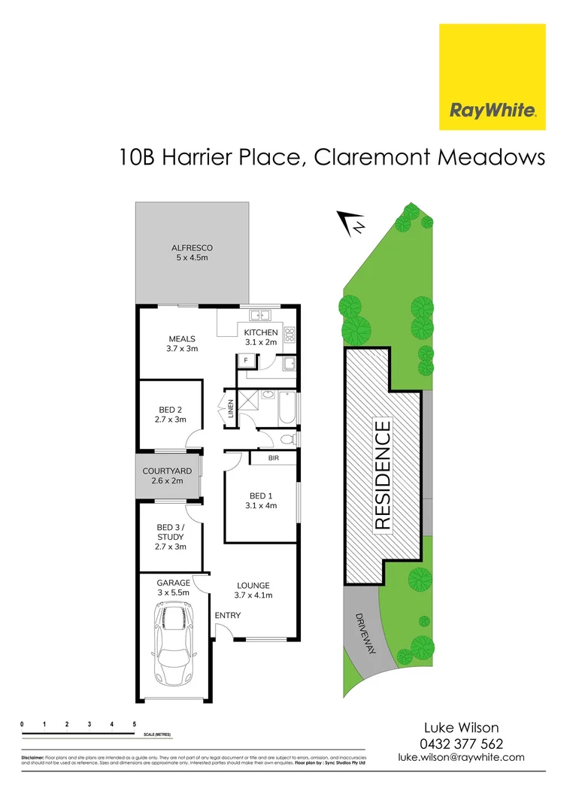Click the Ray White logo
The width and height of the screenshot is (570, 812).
[x=492, y=77]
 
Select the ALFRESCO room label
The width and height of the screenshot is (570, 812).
[x=193, y=247]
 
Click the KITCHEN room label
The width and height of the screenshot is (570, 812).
[x=261, y=332]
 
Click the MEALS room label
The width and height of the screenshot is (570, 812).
[x=182, y=339]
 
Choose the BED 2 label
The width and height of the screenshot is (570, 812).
[x=171, y=410]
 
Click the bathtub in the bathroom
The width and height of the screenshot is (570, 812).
[x=287, y=408]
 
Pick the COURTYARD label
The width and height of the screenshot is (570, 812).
[x=167, y=471]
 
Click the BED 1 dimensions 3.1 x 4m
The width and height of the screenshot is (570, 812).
[x=261, y=505]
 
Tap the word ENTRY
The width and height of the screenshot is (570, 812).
[x=228, y=616]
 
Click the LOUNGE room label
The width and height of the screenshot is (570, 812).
[x=253, y=586]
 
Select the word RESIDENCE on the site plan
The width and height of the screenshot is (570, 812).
[x=382, y=475]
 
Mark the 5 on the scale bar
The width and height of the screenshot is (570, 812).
[x=134, y=724]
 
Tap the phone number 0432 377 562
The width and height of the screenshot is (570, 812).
[x=460, y=744]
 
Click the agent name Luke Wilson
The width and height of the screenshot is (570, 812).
[x=460, y=728]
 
